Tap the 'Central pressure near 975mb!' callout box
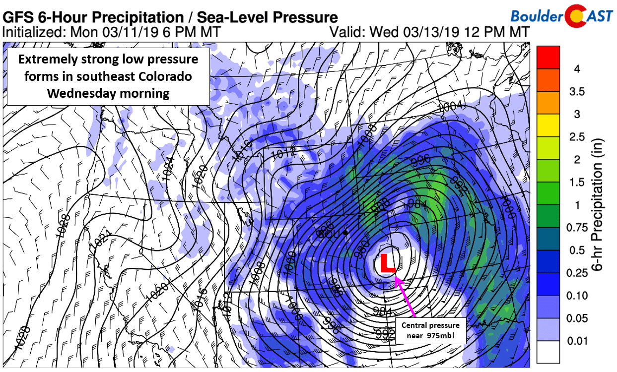click(431, 330)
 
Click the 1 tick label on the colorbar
click(577, 205)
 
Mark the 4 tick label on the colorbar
click(577, 69)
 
